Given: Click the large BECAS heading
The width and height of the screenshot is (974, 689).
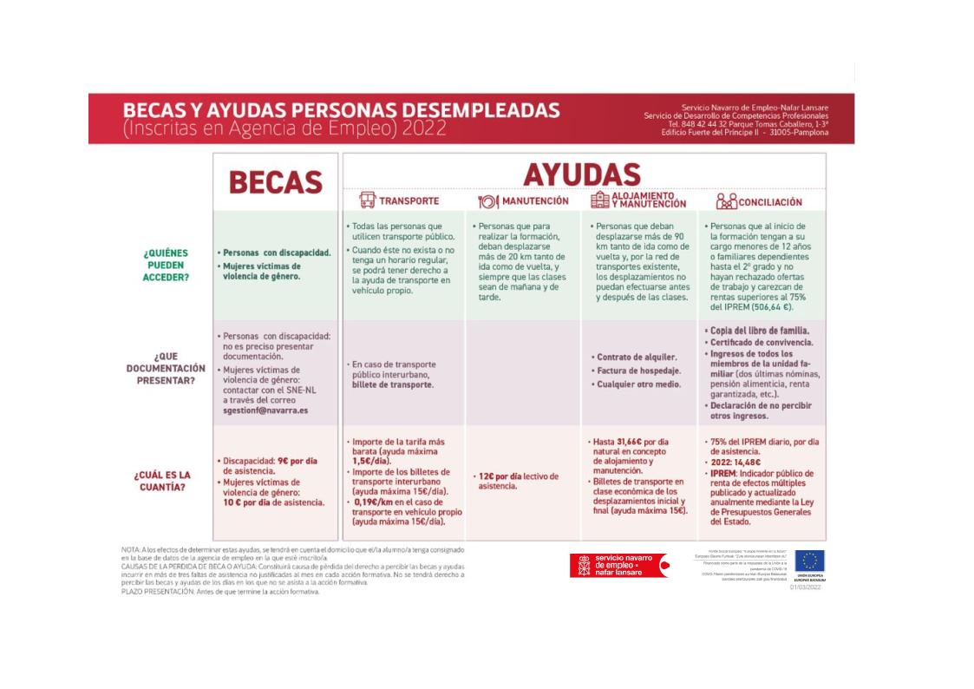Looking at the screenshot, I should tap(275, 181).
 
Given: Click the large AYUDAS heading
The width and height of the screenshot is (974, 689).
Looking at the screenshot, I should tap(581, 174).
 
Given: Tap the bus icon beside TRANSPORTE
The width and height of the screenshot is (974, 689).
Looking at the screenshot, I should tap(367, 200).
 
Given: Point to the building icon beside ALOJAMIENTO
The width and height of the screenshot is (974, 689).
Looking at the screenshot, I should tap(599, 200).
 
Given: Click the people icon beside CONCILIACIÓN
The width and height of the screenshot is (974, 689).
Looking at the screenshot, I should tap(725, 202).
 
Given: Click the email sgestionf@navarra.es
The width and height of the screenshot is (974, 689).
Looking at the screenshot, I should tap(265, 410).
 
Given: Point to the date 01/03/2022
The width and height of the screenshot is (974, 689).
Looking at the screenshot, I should tap(806, 587).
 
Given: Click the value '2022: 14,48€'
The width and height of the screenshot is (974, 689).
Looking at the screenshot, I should tap(740, 463).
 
